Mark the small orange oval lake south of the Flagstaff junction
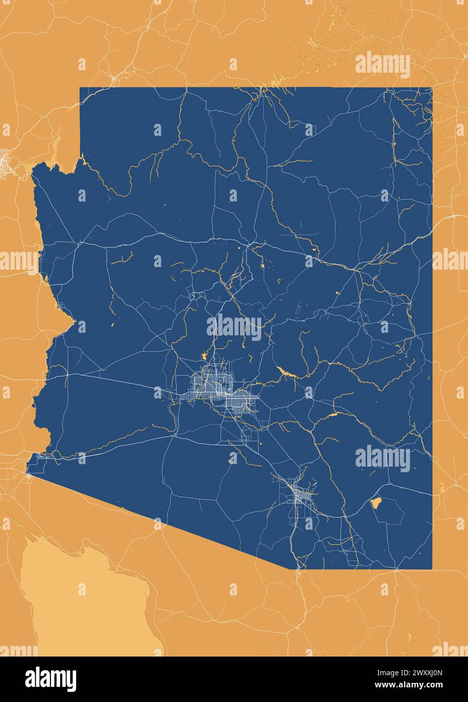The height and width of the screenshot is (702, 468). tap(262, 266)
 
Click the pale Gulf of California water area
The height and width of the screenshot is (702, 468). tap(76, 601)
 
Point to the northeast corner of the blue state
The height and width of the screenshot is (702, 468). tap(432, 88)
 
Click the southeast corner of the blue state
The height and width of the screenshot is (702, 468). tap(432, 569)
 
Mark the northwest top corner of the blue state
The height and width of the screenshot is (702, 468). tap(80, 88)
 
